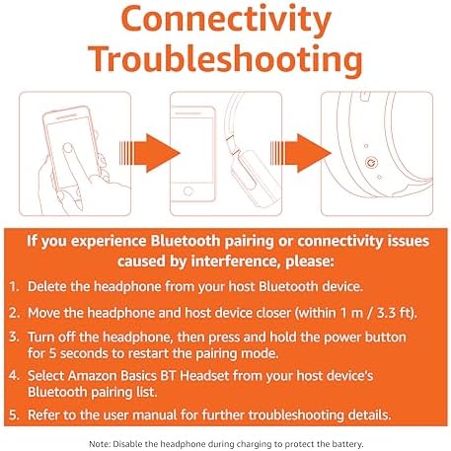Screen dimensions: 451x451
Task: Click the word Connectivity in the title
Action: [226, 21]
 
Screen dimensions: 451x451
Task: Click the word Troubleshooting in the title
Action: [225, 59]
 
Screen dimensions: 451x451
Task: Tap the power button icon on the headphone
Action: [371, 162]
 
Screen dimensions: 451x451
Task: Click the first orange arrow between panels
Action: [150, 153]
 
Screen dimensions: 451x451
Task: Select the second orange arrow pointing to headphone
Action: [301, 153]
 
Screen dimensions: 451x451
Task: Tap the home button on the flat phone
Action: [188, 190]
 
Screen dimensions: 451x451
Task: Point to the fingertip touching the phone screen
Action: [68, 148]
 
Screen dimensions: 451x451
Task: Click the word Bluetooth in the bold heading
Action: [186, 241]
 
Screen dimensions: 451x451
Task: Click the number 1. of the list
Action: [15, 286]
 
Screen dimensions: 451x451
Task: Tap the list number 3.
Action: [15, 337]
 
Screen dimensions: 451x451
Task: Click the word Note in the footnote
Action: [99, 444]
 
